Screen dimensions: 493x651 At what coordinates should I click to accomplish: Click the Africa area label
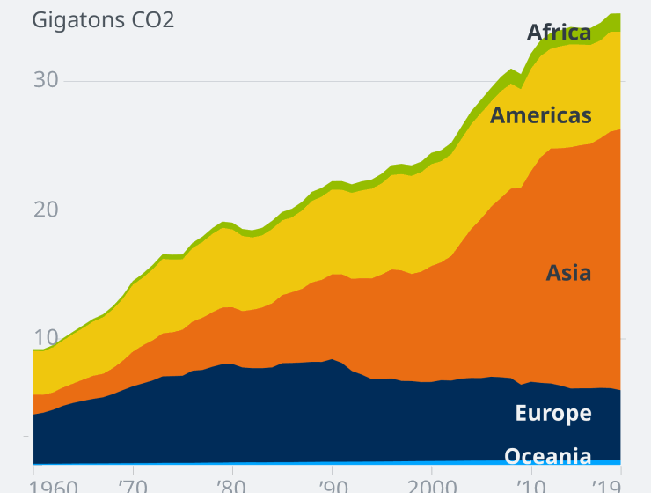pyautogui.click(x=559, y=33)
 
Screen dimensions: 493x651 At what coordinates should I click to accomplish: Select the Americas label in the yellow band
pyautogui.click(x=540, y=115)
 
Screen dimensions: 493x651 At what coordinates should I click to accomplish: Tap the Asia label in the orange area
pyautogui.click(x=568, y=273)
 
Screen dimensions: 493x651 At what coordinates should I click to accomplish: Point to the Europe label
pyautogui.click(x=553, y=414)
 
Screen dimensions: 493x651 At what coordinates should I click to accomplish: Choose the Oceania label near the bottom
pyautogui.click(x=547, y=456)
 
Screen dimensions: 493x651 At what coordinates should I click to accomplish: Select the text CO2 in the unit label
pyautogui.click(x=150, y=19)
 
